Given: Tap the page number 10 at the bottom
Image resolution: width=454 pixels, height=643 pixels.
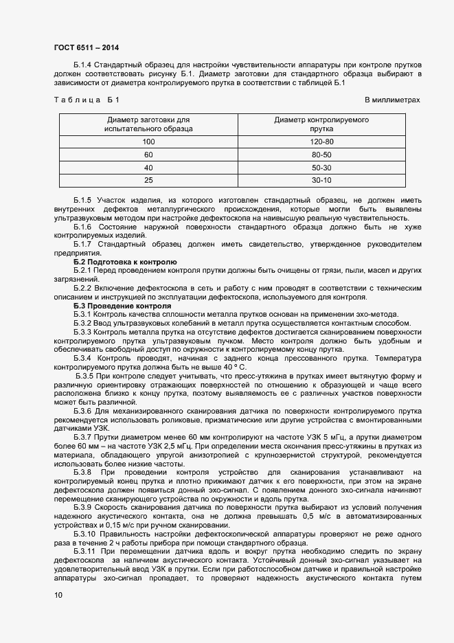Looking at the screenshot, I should pyautogui.click(x=58, y=595).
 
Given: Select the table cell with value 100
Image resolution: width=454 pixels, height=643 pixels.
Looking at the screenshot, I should pyautogui.click(x=148, y=142).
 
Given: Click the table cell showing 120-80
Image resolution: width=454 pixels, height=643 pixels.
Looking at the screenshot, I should pyautogui.click(x=321, y=142).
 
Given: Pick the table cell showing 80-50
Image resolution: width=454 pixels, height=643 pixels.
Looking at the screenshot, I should pyautogui.click(x=321, y=155).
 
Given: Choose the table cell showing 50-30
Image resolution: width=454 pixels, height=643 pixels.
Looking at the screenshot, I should pyautogui.click(x=321, y=168).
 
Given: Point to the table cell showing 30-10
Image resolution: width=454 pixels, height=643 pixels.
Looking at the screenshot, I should pyautogui.click(x=321, y=180).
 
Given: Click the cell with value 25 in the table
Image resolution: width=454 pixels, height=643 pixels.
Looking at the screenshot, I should pyautogui.click(x=148, y=180).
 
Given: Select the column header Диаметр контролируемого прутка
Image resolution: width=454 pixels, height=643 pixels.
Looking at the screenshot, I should pyautogui.click(x=321, y=124).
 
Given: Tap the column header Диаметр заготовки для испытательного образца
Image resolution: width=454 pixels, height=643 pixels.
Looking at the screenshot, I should pyautogui.click(x=148, y=124).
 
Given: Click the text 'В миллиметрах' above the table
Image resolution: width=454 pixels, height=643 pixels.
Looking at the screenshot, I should pyautogui.click(x=392, y=100).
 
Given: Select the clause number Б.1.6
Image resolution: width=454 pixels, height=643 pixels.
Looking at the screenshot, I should pyautogui.click(x=83, y=226).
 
